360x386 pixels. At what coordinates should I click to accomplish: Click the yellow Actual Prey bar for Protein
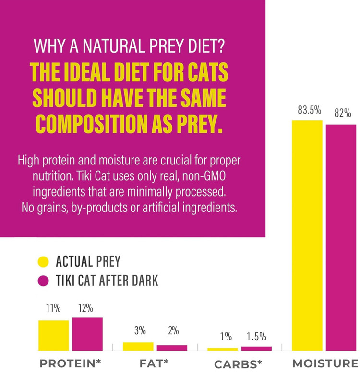tap(53, 335)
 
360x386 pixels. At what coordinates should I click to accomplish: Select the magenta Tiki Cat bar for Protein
tap(87, 334)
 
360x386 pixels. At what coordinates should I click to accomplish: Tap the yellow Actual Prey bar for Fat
tap(138, 346)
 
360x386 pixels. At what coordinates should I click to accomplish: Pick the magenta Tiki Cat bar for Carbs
tap(256, 348)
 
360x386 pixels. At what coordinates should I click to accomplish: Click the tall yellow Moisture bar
tap(307, 235)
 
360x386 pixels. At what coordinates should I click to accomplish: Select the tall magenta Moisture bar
tap(341, 237)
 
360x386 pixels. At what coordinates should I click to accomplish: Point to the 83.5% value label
tap(309, 110)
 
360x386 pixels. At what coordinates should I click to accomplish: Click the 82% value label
tap(343, 113)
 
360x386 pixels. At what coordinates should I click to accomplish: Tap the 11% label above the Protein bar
tap(53, 308)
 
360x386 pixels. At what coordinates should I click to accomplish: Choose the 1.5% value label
tap(256, 336)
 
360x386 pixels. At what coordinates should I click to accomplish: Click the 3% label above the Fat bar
tap(140, 330)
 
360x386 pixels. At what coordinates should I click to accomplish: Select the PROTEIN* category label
tap(70, 363)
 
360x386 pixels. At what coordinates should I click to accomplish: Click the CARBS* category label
tap(238, 364)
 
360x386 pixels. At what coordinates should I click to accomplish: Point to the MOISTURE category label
tap(325, 363)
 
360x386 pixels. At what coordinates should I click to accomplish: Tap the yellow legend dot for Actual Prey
tap(43, 261)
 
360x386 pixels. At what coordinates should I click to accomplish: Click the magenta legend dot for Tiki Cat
tap(43, 281)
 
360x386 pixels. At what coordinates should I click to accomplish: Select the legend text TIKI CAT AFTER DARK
tap(107, 281)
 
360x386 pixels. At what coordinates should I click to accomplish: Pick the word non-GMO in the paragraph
tap(204, 176)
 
